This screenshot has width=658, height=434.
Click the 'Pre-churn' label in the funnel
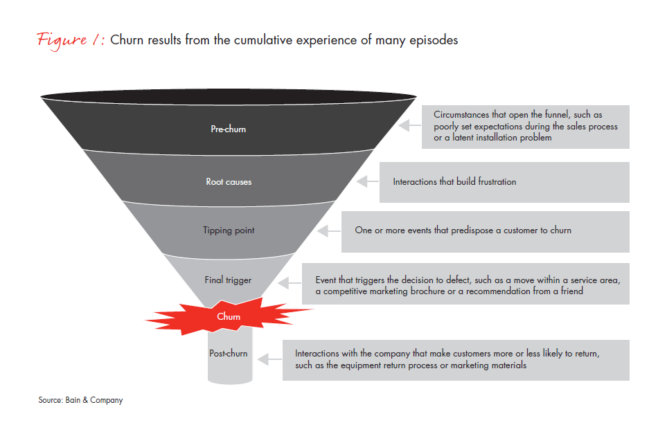[x=228, y=129]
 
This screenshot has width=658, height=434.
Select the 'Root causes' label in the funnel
[x=229, y=182]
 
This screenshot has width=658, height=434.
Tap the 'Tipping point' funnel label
[x=229, y=230]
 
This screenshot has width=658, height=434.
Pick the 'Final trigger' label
[x=228, y=280]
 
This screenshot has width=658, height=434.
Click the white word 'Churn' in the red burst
[x=229, y=317]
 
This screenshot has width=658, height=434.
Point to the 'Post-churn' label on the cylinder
[x=228, y=354]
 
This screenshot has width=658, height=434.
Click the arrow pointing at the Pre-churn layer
[x=411, y=127]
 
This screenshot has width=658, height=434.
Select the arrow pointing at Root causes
[x=368, y=182]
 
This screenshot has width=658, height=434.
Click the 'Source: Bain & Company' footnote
[x=80, y=400]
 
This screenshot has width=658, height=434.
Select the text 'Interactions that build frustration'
[x=454, y=182]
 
